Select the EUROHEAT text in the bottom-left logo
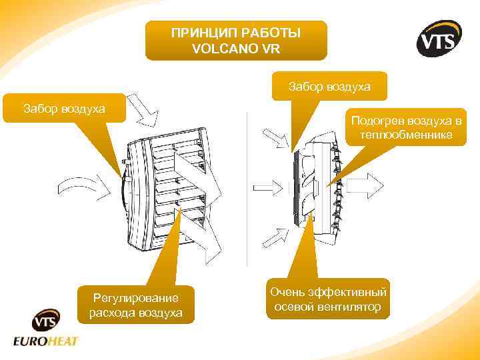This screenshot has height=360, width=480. point(46,341)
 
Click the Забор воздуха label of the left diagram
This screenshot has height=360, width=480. point(64,107)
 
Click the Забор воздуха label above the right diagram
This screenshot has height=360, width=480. point(329,86)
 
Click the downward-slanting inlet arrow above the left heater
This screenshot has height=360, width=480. point(143,109)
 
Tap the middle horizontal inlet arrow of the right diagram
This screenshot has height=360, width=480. point(269,185)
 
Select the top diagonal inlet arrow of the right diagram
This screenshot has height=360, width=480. point(275,140)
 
